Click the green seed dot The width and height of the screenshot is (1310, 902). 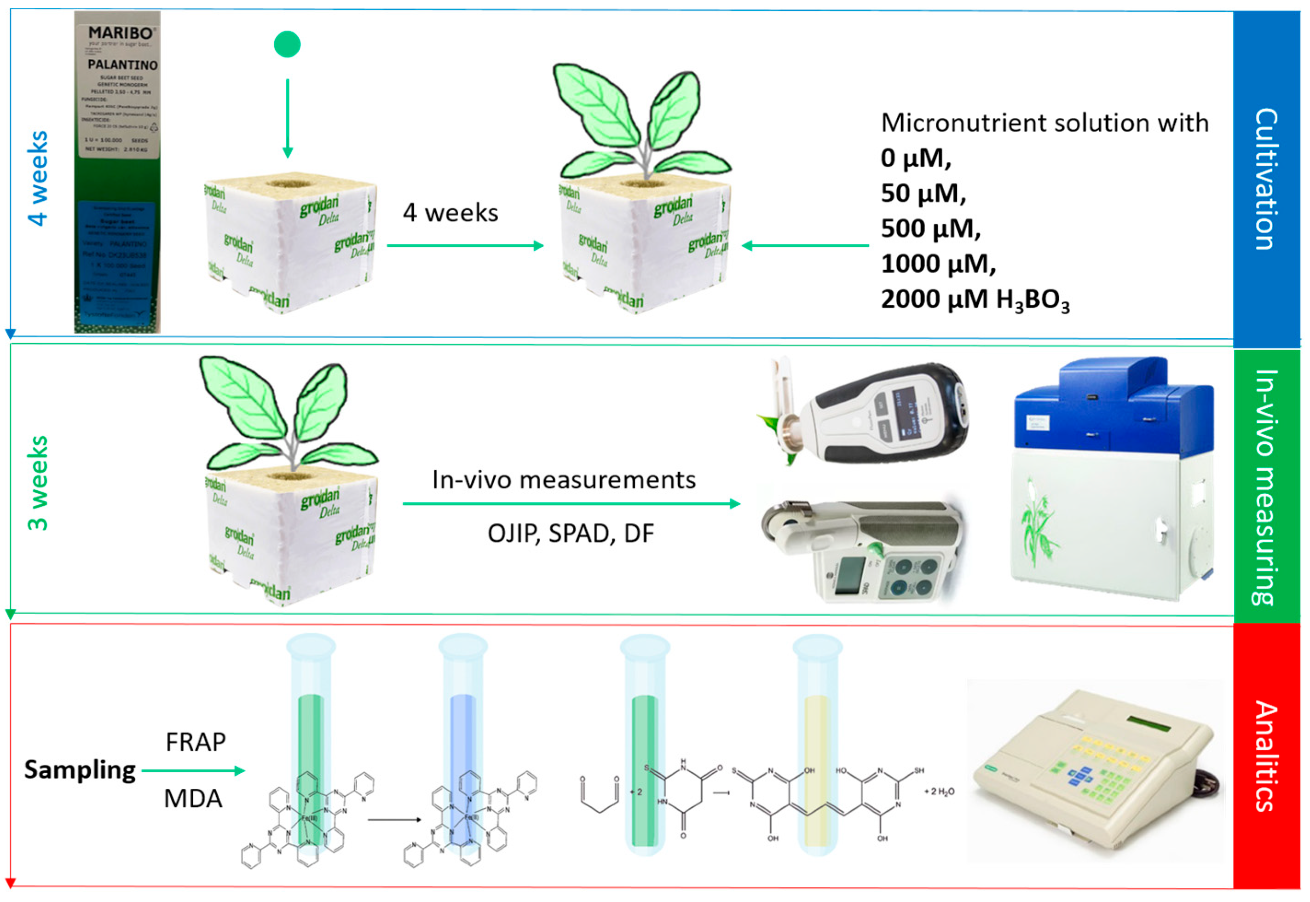[x=287, y=44]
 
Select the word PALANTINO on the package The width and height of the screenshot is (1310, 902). [x=122, y=64]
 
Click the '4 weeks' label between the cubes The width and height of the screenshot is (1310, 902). [x=450, y=213]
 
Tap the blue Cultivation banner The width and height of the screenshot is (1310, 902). [x=1266, y=178]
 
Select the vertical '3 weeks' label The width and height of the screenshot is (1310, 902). [x=38, y=483]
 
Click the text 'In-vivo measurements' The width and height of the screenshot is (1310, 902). [x=564, y=480]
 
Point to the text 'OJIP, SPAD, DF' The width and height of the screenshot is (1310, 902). [x=570, y=533]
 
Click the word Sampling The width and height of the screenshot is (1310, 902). [x=80, y=770]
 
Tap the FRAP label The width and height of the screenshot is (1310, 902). [x=196, y=742]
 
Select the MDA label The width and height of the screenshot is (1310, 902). [x=193, y=798]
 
